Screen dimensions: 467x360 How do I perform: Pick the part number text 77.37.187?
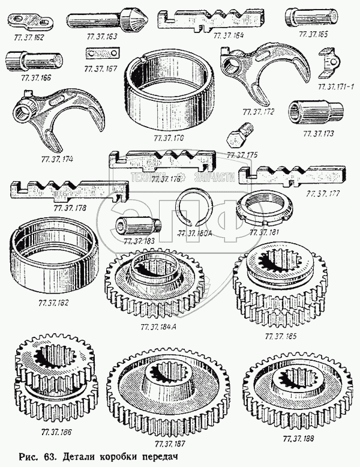point(169,444)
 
